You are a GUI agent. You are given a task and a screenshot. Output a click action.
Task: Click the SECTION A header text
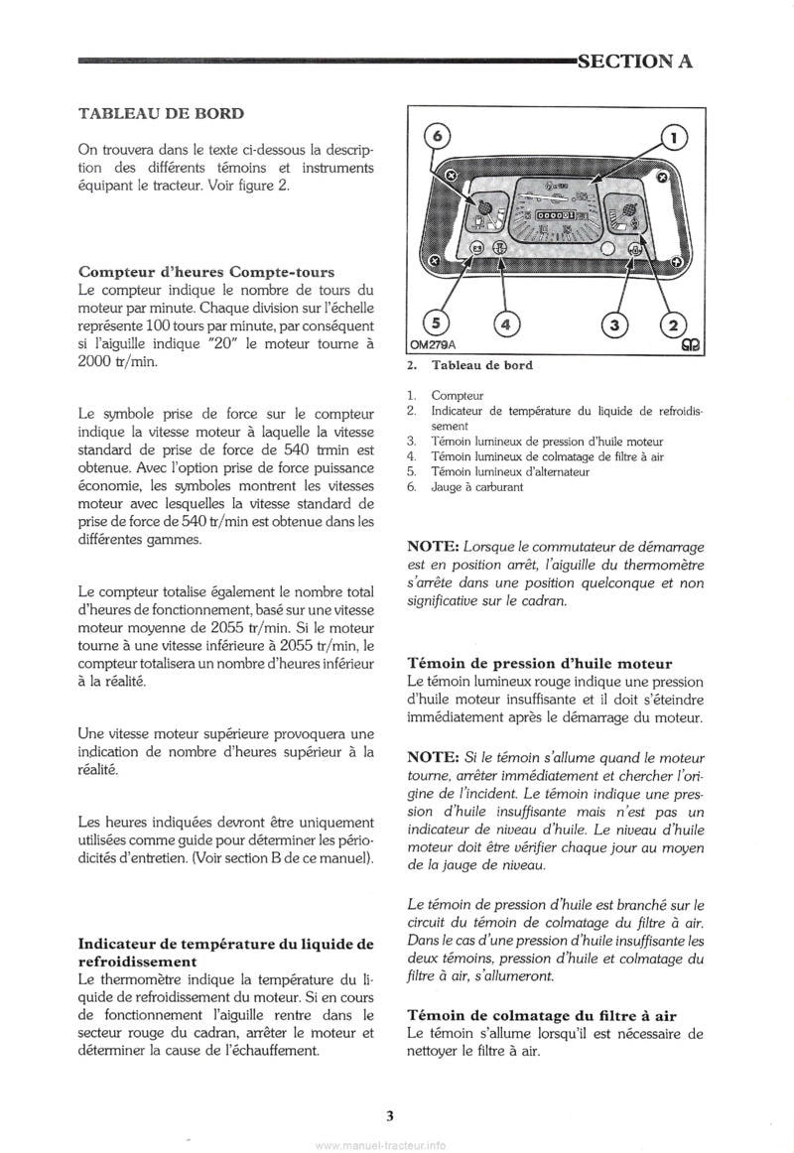pos(634,62)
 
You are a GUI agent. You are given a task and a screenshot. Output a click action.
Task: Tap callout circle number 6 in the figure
pos(441,136)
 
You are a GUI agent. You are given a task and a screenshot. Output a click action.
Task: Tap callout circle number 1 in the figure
pos(671,138)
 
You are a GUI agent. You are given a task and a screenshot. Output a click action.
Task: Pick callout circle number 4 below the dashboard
pos(505,322)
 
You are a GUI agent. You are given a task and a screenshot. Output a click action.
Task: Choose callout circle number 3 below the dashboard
pos(615,322)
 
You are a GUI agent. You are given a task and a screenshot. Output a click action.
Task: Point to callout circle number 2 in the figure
pos(673,322)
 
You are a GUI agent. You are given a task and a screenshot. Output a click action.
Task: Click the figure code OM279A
pos(432,344)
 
